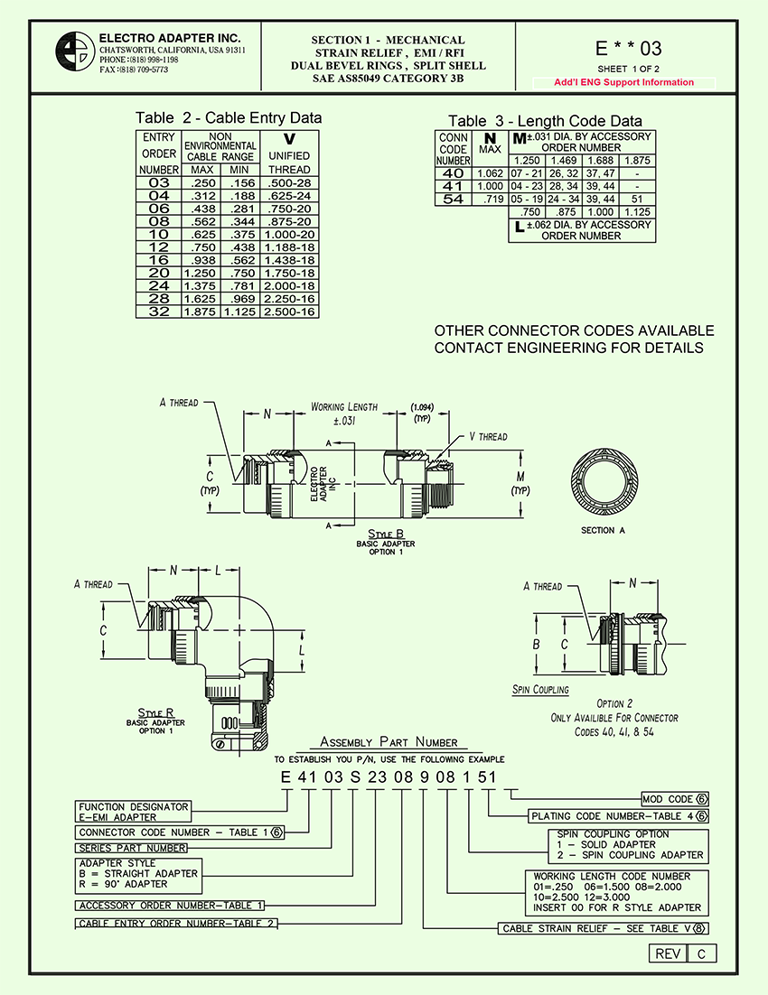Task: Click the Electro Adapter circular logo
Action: (x=75, y=52)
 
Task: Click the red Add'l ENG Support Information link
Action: (x=624, y=82)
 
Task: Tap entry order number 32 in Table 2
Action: (x=158, y=312)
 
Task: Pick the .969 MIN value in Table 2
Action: (x=239, y=298)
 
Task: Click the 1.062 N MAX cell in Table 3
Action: (x=489, y=173)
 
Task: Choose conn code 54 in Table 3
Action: (x=453, y=200)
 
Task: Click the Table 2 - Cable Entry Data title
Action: (x=228, y=118)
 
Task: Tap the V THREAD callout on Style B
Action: (x=488, y=437)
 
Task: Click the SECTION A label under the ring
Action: (x=603, y=530)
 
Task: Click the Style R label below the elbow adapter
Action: (x=155, y=713)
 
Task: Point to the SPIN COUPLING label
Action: (x=540, y=690)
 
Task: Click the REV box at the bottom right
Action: (x=667, y=954)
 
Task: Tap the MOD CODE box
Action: (x=674, y=799)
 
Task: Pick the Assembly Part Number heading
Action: (x=389, y=742)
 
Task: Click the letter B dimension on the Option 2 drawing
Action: (x=536, y=645)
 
